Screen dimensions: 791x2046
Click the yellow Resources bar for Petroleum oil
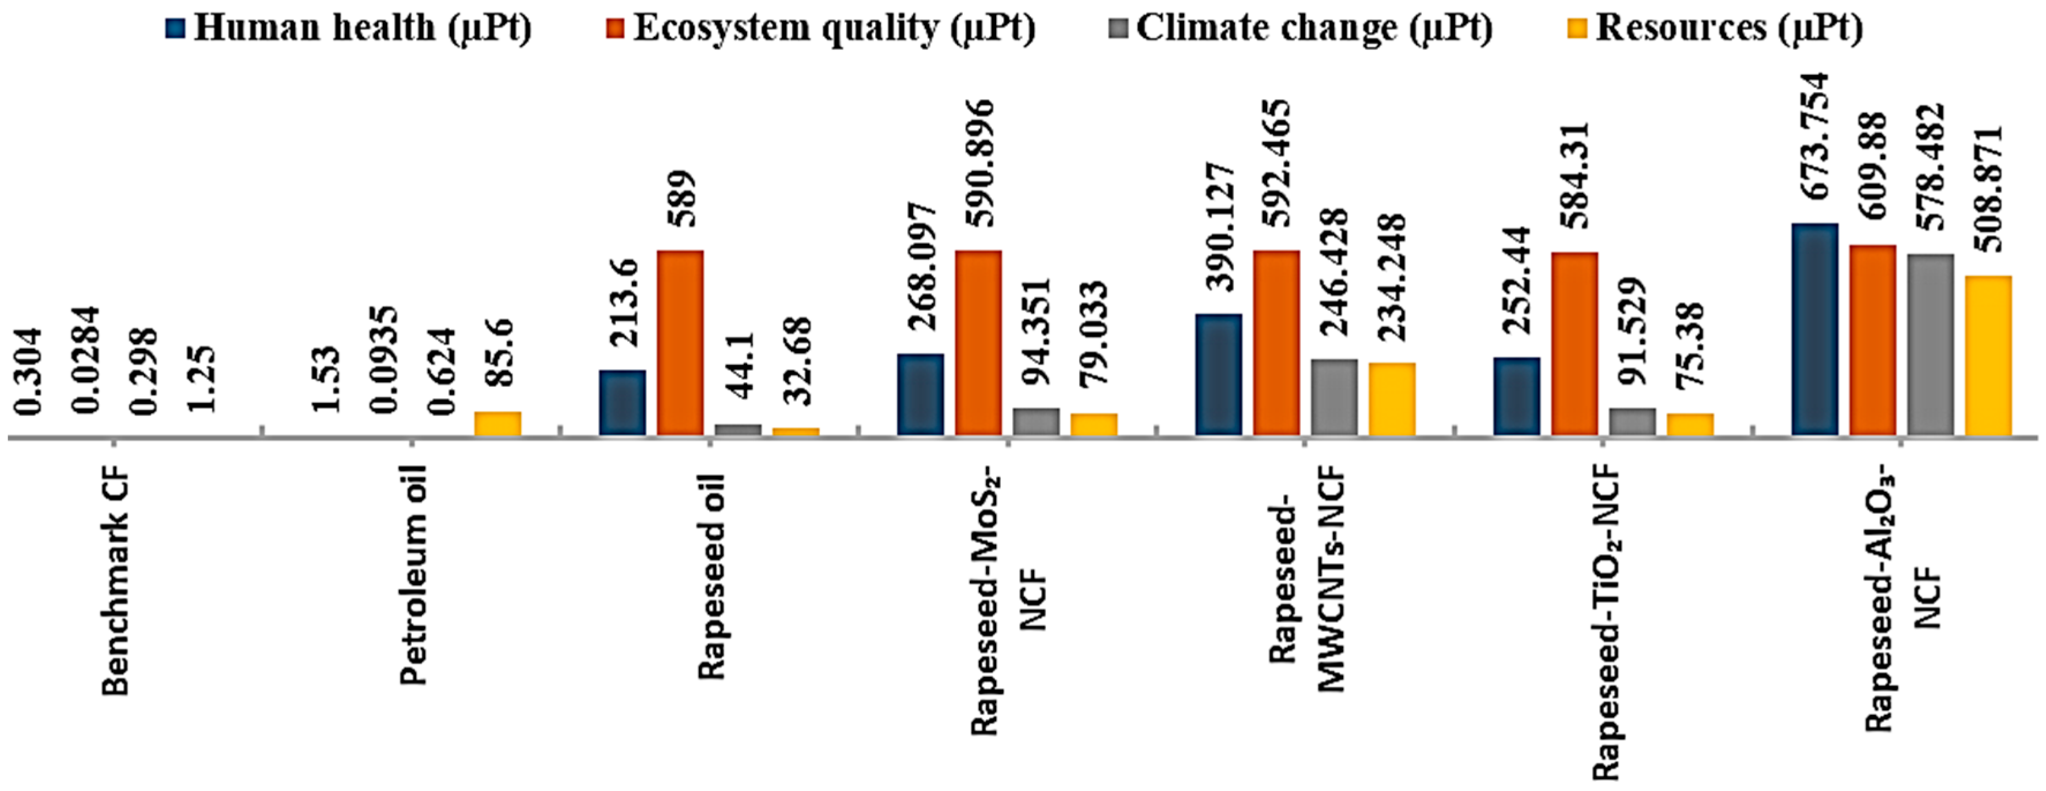497,423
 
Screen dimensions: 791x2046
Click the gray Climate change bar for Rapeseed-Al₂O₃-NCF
1930,344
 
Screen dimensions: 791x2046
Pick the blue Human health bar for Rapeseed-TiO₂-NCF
1516,395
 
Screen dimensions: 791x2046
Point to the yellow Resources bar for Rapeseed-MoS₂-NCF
1094,424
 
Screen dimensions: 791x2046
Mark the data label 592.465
1276,162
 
